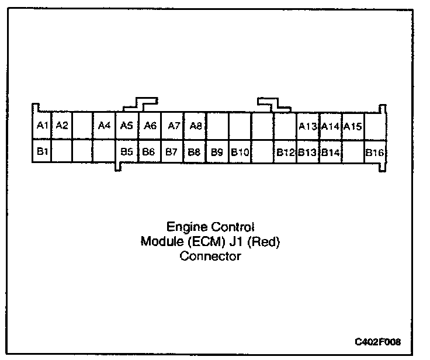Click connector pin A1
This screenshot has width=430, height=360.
[x=41, y=125]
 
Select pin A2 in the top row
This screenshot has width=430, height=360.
[x=63, y=125]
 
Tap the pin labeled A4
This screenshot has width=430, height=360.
[x=105, y=125]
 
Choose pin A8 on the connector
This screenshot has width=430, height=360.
[x=196, y=125]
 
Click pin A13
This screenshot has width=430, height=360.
[x=307, y=126]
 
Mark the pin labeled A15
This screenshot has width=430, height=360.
[x=353, y=126]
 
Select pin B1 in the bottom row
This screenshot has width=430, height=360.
[x=42, y=152]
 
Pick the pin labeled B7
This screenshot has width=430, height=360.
[x=171, y=152]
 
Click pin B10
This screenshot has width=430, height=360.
[x=240, y=152]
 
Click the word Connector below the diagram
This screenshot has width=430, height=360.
[x=210, y=256]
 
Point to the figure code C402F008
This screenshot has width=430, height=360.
[x=378, y=341]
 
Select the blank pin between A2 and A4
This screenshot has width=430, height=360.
[x=82, y=125]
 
